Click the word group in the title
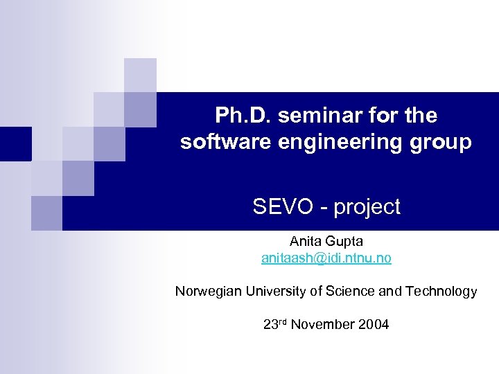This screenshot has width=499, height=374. pyautogui.click(x=439, y=142)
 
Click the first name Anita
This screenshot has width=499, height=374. pyautogui.click(x=305, y=242)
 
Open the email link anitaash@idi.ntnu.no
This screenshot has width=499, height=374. pyautogui.click(x=326, y=258)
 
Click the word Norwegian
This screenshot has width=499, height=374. pyautogui.click(x=205, y=292)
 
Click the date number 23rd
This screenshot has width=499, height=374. pyautogui.click(x=275, y=324)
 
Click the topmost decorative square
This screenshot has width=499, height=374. pyautogui.click(x=140, y=75)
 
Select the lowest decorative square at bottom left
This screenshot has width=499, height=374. pyautogui.click(x=46, y=213)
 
